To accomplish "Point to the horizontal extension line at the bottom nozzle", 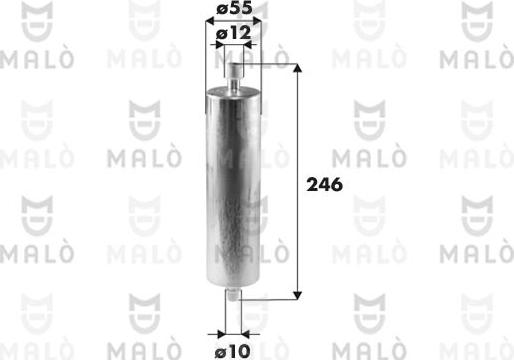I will pos(270,298).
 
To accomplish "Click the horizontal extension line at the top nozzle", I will pos(270,64).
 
